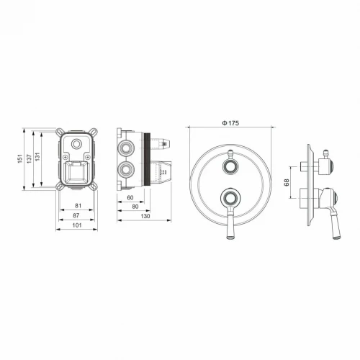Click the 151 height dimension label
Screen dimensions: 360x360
click(20, 158)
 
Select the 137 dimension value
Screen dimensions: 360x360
click(29, 158)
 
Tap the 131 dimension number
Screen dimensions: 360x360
click(37, 157)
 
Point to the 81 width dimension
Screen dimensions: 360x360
click(78, 206)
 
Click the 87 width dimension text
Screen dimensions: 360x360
click(76, 215)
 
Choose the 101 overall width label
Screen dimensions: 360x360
click(77, 225)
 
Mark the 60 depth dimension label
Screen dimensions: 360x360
click(130, 198)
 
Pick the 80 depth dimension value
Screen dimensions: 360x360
click(135, 207)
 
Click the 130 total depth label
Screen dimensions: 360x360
click(145, 216)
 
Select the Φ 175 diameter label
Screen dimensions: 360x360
click(230, 123)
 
